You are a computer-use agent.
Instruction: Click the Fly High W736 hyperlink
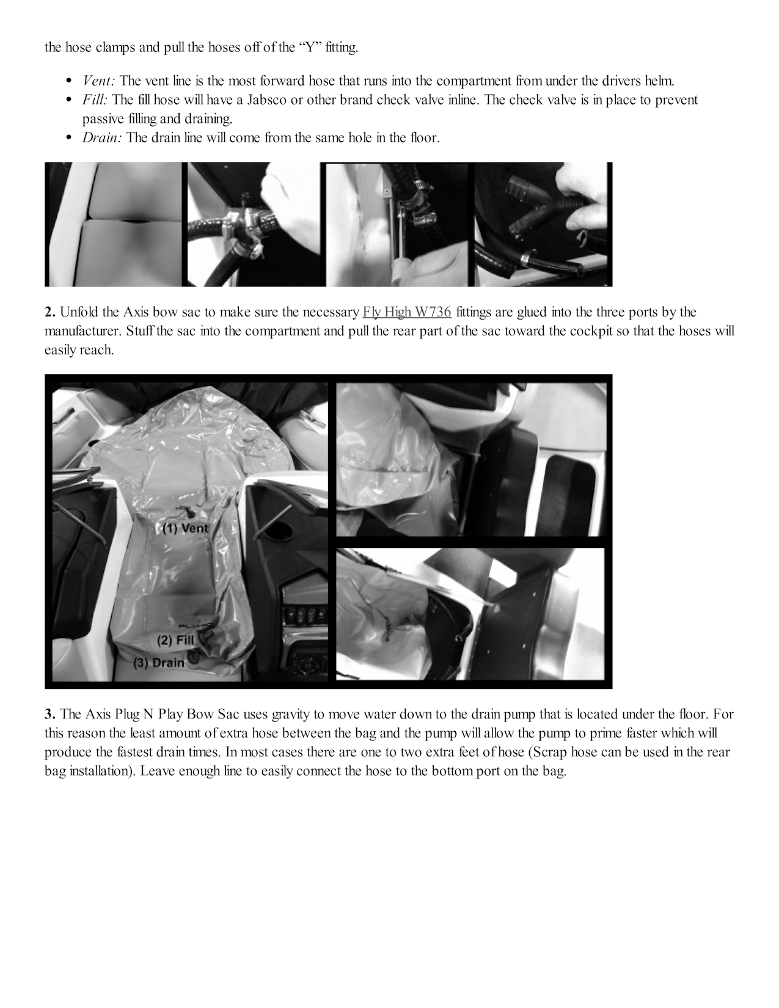tap(407, 312)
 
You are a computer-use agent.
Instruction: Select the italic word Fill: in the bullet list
tap(95, 100)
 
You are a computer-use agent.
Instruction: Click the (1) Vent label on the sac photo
tap(185, 528)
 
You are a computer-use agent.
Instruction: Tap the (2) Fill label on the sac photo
tap(175, 641)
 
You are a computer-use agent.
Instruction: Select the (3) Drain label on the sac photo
tap(159, 662)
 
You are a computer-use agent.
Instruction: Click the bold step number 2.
tap(49, 312)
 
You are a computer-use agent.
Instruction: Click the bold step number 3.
tap(49, 714)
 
